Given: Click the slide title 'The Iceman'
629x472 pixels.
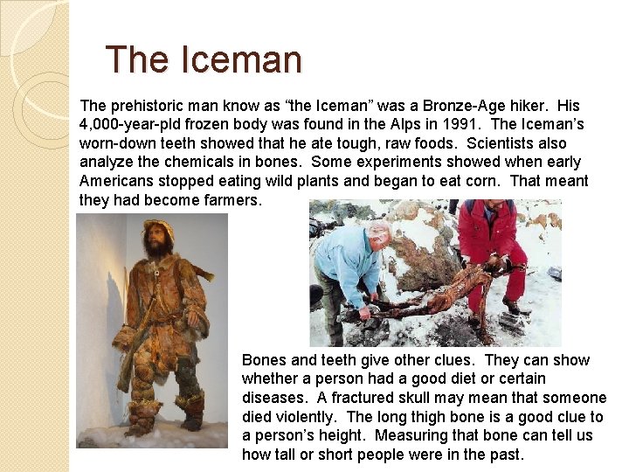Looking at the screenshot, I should pos(203,60).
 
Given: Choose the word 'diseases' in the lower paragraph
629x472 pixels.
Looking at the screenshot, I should pos(271,398).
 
